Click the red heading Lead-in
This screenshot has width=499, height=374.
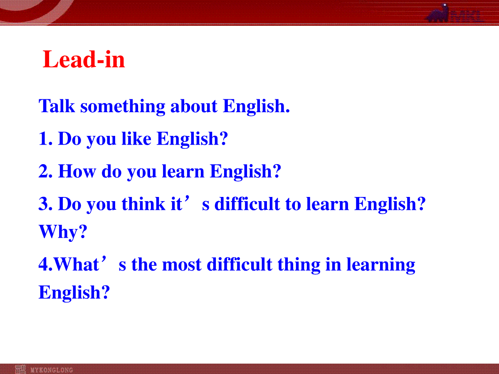click(x=84, y=59)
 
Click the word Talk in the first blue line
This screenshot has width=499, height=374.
click(x=57, y=106)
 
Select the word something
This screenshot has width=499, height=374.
click(x=123, y=107)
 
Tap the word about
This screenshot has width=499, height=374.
click(x=194, y=106)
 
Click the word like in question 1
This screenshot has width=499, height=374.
click(x=136, y=138)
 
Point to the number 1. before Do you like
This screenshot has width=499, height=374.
click(x=45, y=138)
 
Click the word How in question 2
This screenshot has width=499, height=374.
click(x=77, y=171)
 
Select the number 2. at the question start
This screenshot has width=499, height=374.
click(x=45, y=171)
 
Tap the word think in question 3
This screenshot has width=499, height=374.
click(x=143, y=204)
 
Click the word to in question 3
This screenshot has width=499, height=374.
click(x=293, y=204)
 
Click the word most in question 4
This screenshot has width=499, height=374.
click(x=182, y=265)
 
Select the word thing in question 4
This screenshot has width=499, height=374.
click(x=299, y=265)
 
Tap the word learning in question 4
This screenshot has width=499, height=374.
click(x=381, y=265)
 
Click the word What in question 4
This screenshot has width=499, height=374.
click(x=77, y=264)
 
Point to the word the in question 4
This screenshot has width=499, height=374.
click(x=144, y=264)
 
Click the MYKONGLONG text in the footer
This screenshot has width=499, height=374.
click(x=52, y=370)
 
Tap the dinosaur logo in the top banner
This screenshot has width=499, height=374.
click(x=437, y=14)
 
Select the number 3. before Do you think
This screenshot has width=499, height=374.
click(x=45, y=204)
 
